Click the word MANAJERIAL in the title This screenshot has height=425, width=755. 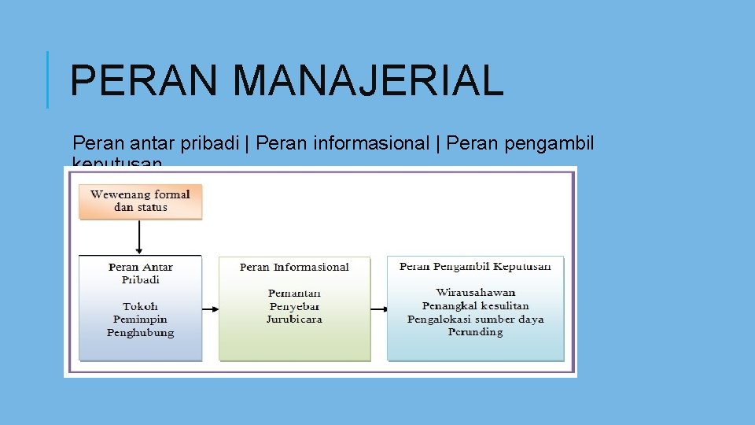[368, 80]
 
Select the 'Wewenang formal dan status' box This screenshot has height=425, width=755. [141, 201]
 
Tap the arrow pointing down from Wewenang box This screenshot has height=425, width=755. [140, 236]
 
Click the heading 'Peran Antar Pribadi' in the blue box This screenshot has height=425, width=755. [141, 273]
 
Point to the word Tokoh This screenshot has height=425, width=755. [141, 306]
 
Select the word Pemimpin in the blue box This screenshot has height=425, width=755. [141, 320]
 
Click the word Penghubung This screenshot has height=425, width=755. [141, 332]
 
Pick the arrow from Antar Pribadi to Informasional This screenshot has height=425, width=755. [210, 309]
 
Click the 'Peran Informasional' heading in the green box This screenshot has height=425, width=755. [294, 267]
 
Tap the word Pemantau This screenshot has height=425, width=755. [294, 293]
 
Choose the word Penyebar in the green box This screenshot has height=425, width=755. [294, 306]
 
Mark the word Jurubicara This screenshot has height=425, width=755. [294, 319]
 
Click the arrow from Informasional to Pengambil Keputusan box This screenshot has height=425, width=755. [379, 309]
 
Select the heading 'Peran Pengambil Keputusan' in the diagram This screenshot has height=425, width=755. [475, 266]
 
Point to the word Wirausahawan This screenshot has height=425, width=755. [475, 293]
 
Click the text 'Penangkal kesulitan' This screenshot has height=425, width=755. [475, 305]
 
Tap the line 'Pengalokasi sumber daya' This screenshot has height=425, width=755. [475, 319]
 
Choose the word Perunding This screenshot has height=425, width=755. [475, 331]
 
